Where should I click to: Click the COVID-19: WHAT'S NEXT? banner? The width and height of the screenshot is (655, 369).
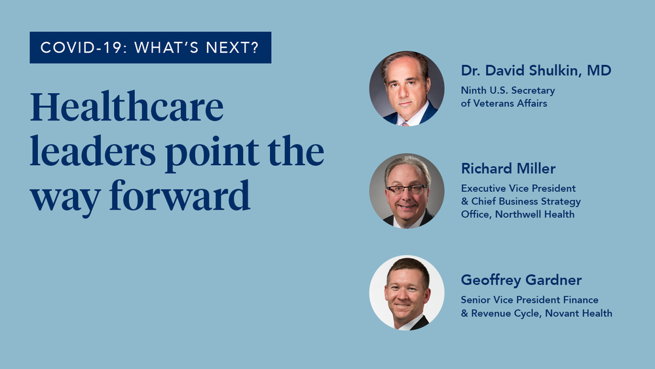[x=150, y=47]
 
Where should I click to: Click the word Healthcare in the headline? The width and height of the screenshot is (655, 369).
[x=126, y=109]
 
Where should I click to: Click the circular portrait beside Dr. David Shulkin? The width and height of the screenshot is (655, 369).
[x=407, y=88]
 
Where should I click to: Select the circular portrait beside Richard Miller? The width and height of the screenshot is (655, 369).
[x=407, y=191]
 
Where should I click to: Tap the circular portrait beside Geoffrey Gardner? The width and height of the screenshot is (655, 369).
[x=407, y=292]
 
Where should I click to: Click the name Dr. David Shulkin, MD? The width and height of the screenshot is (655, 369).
[x=536, y=71]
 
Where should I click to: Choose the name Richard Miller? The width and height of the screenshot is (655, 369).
[x=508, y=168]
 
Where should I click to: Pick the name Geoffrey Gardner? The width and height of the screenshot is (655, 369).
[x=521, y=280]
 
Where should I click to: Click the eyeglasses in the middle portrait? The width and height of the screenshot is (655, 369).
[x=406, y=189]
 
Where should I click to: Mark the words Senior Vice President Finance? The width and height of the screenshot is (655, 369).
[x=529, y=300]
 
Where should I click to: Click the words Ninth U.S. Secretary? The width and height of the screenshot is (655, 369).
[x=508, y=90]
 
